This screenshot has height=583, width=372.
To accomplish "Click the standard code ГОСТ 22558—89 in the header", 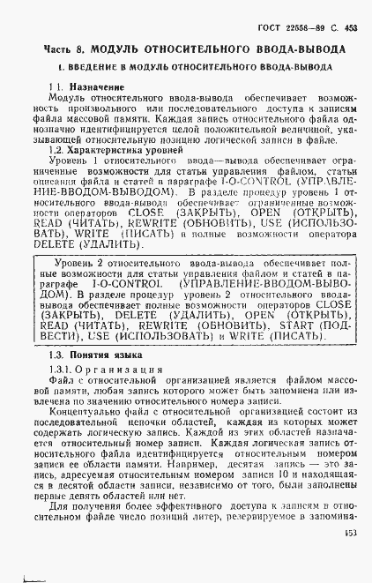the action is [x=301, y=28].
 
